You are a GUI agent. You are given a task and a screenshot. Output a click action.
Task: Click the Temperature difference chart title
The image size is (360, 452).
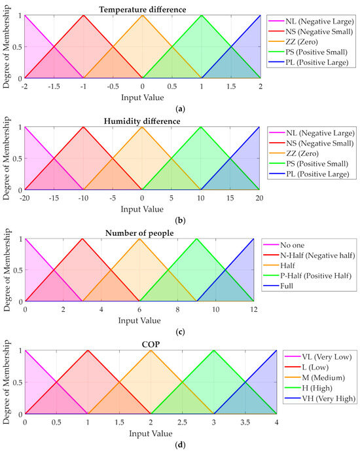click(143, 10)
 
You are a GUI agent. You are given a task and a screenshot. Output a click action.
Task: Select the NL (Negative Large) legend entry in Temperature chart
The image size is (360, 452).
click(311, 22)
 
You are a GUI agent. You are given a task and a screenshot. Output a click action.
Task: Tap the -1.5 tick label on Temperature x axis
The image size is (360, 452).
click(54, 86)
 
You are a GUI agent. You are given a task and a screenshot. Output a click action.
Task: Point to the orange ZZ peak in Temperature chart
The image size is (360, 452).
click(142, 15)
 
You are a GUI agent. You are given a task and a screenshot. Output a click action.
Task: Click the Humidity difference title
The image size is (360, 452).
click(142, 121)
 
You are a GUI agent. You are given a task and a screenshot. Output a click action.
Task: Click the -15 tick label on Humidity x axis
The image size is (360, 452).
click(54, 198)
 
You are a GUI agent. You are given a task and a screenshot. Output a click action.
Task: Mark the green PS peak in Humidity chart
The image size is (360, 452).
click(200, 127)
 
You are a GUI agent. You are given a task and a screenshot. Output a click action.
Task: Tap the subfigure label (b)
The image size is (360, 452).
click(180, 221)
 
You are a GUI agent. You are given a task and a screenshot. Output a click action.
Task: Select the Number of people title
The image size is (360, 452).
click(139, 233)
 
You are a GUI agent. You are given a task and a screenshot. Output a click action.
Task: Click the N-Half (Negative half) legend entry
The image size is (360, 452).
click(309, 255)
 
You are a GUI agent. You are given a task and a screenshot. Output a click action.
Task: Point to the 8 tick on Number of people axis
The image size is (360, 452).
click(177, 310)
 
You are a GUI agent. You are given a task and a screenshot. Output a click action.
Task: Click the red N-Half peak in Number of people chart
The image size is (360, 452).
click(82, 238)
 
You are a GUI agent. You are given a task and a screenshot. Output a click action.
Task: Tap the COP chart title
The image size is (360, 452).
click(151, 345)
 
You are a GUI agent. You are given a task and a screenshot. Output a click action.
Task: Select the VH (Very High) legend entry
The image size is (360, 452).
click(320, 399)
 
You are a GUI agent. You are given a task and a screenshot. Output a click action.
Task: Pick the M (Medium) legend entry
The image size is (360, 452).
click(315, 377)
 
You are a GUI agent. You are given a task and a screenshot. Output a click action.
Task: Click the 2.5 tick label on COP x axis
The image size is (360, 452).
click(182, 423)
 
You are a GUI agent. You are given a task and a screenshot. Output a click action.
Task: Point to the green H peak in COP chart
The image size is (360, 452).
click(213, 350)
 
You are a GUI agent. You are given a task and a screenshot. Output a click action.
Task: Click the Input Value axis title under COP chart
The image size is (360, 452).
click(151, 434)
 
